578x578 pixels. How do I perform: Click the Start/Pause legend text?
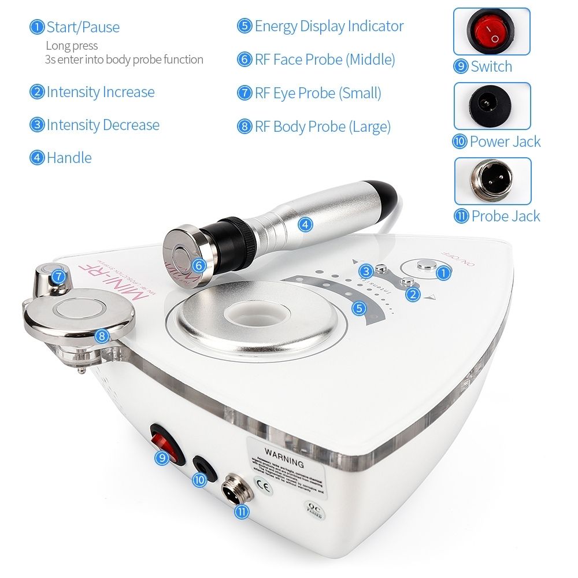(x=83, y=27)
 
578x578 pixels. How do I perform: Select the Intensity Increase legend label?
(x=100, y=92)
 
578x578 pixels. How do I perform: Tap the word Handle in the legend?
(x=69, y=158)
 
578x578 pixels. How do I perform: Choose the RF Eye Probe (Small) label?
(x=318, y=94)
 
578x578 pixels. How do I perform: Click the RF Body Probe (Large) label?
(x=323, y=127)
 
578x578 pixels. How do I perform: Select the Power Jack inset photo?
(x=492, y=106)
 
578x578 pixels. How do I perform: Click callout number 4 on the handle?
(x=305, y=224)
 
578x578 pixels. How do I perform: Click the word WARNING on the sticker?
(x=283, y=463)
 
